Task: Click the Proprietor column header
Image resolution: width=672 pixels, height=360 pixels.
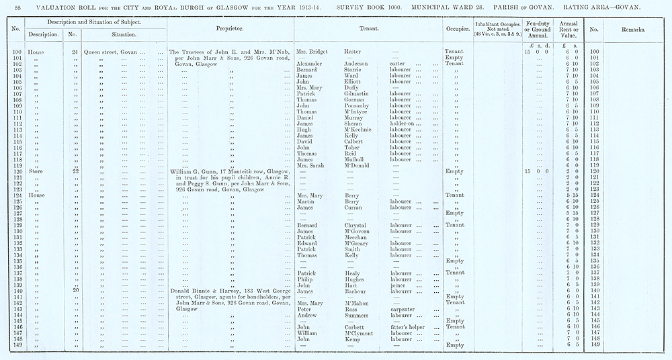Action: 229,30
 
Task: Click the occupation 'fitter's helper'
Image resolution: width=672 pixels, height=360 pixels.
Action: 411,327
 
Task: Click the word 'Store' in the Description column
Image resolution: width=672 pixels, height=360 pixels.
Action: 36,172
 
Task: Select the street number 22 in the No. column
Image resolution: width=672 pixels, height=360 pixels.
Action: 75,172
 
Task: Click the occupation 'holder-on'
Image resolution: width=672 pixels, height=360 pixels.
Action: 406,124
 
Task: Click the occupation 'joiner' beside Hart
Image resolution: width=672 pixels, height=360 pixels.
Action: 398,285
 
